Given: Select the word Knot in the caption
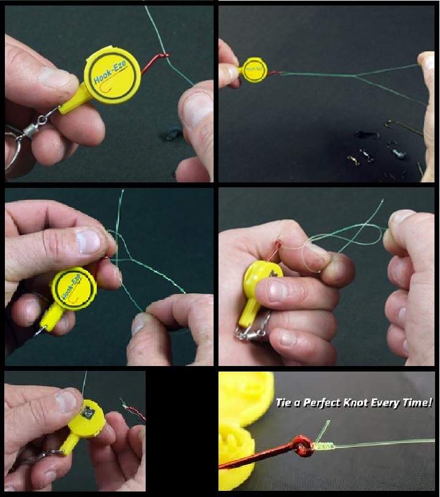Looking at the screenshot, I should tap(373, 403).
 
